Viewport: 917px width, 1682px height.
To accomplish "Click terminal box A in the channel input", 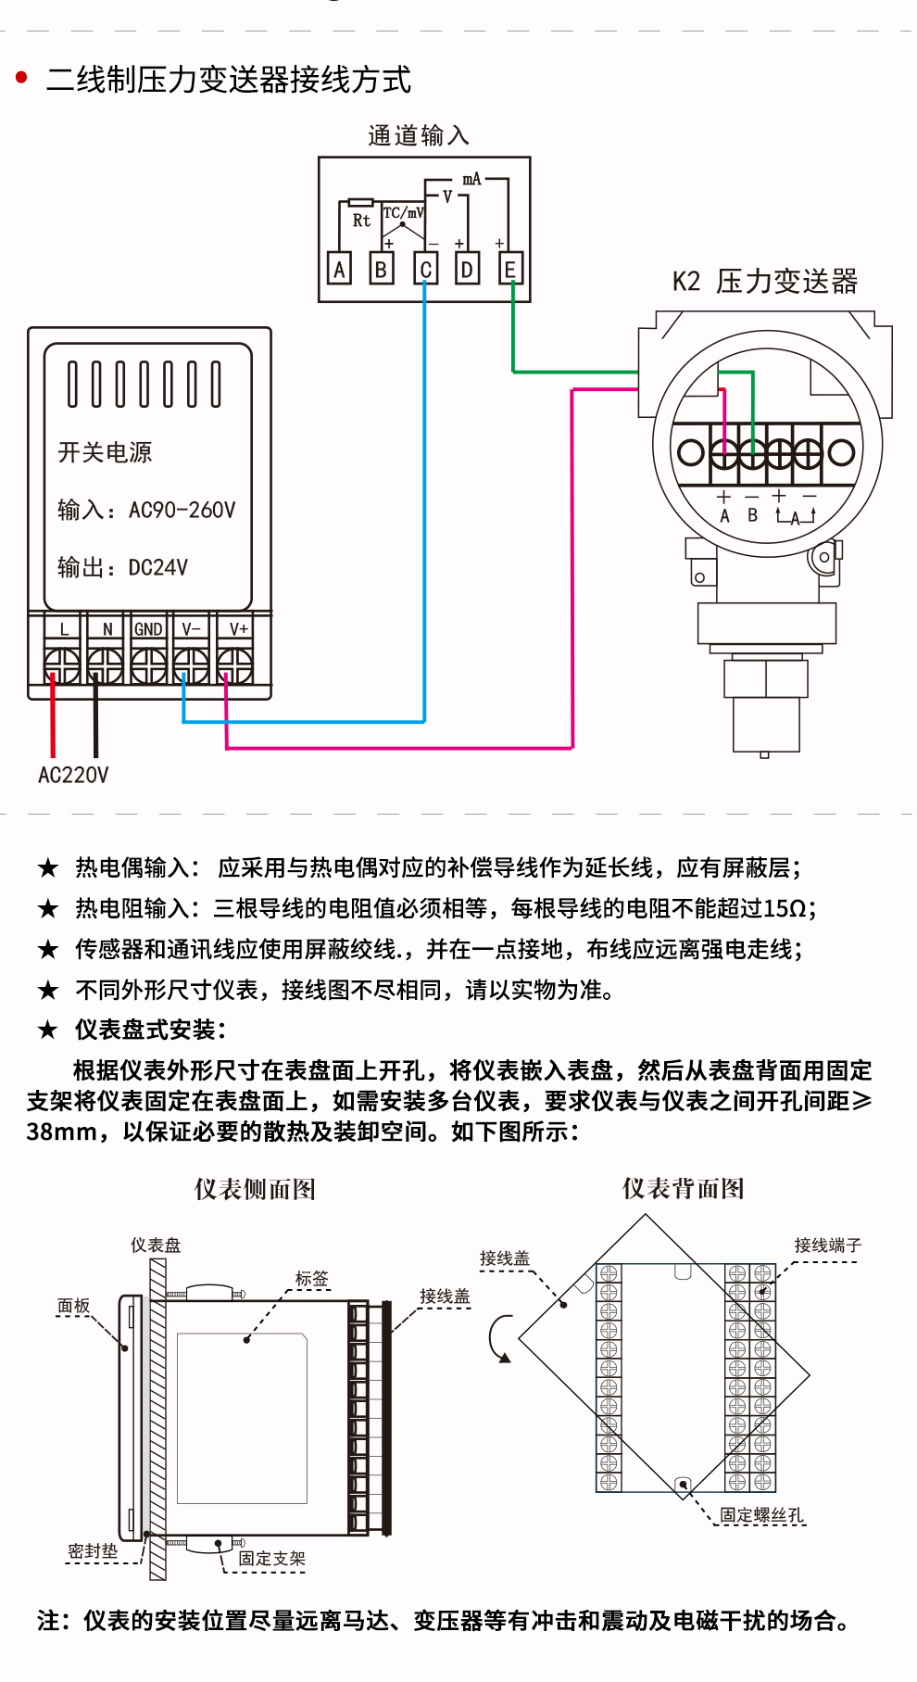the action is [340, 269].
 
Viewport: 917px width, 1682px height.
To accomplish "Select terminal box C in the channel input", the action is [425, 269].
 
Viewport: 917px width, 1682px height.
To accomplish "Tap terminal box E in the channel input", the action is [509, 269].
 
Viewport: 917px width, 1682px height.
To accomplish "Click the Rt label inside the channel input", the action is [361, 221].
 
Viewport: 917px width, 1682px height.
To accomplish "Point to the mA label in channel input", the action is [471, 179].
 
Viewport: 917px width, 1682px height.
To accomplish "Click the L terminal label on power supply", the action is [64, 629].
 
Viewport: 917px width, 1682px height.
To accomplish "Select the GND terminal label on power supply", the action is [148, 629].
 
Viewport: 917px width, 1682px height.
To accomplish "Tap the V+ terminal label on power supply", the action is [238, 629].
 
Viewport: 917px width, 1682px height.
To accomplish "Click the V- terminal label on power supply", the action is [191, 629].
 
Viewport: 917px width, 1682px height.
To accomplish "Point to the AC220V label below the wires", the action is [73, 775].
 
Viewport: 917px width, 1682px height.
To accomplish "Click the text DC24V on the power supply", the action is [158, 567].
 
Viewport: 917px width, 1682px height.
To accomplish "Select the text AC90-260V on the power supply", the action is [182, 510].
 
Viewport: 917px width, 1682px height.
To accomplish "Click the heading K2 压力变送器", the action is [765, 281].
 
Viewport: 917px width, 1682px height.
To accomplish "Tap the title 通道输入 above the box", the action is [419, 135].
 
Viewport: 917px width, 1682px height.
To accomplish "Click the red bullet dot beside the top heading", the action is [22, 78].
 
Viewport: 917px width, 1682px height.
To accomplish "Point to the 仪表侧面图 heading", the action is [255, 1189].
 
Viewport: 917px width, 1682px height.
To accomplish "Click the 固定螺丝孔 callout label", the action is [762, 1515].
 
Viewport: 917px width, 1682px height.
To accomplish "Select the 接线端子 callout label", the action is [828, 1246].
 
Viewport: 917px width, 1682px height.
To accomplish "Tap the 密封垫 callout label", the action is [93, 1551].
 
